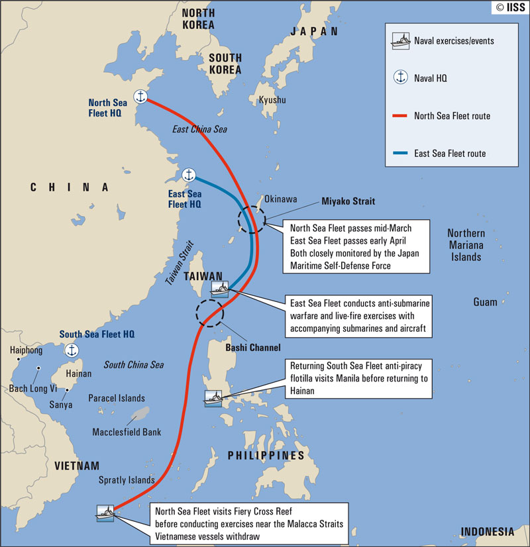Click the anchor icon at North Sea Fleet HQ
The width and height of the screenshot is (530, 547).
pyautogui.click(x=140, y=97)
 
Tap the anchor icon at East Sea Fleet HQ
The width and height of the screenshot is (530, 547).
pyautogui.click(x=189, y=175)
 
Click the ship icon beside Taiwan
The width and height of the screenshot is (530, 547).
pyautogui.click(x=219, y=288)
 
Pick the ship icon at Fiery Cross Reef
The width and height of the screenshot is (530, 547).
pyautogui.click(x=105, y=513)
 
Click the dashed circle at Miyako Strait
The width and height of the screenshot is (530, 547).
pyautogui.click(x=251, y=219)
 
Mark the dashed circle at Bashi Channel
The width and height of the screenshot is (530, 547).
pyautogui.click(x=210, y=312)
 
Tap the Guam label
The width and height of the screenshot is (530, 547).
pyautogui.click(x=485, y=302)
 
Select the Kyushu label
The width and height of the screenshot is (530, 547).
pyautogui.click(x=272, y=100)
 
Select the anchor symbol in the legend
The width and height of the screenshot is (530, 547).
pyautogui.click(x=401, y=77)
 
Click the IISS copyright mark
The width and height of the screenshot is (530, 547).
pyautogui.click(x=509, y=8)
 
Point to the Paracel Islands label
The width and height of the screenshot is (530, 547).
pyautogui.click(x=117, y=398)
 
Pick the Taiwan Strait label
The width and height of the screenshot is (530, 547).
pyautogui.click(x=179, y=262)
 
